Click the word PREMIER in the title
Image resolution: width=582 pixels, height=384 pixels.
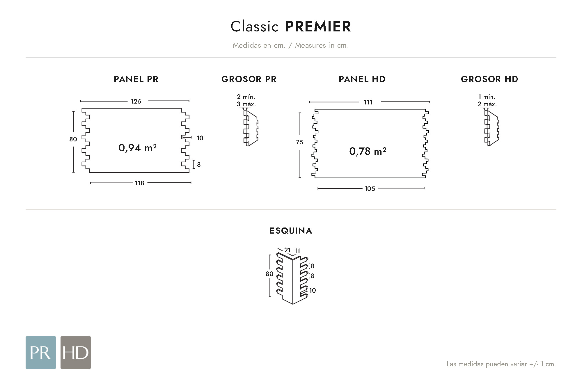click(x=318, y=26)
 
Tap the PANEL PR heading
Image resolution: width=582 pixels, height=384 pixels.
click(x=136, y=79)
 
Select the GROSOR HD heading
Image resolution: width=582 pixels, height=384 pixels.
click(x=489, y=79)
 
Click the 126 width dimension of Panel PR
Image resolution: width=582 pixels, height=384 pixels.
click(x=136, y=101)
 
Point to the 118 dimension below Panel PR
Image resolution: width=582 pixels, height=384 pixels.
click(x=139, y=183)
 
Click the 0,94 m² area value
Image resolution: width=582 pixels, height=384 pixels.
click(x=137, y=148)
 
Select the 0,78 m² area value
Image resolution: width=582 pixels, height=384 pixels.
click(x=368, y=151)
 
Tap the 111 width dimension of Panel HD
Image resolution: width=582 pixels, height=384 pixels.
click(x=368, y=102)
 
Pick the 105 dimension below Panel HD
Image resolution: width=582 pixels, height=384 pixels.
click(x=370, y=189)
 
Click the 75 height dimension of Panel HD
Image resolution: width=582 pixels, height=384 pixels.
click(x=299, y=142)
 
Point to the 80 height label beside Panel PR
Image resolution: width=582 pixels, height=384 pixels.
click(x=73, y=139)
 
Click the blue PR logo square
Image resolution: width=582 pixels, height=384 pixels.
click(x=41, y=353)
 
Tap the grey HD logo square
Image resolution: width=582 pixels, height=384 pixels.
click(x=76, y=353)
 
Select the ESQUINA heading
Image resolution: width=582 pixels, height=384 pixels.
click(x=291, y=231)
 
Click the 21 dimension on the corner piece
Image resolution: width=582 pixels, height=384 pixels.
click(x=288, y=250)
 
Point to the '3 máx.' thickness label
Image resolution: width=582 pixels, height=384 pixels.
click(x=246, y=104)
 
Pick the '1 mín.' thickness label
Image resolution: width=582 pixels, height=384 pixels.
click(x=487, y=97)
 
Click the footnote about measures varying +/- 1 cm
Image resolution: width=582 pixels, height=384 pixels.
click(x=501, y=364)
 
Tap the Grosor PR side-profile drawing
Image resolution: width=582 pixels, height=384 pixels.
click(x=251, y=128)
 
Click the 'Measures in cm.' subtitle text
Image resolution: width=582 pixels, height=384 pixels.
click(x=322, y=45)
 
